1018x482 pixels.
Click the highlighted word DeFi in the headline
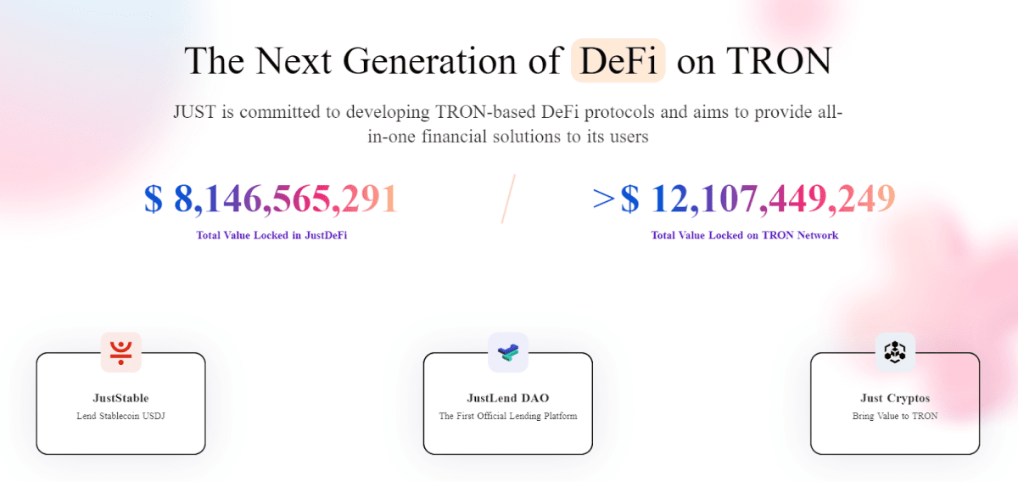618,60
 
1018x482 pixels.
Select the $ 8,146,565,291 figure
271,199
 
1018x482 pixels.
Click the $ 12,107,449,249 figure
758,199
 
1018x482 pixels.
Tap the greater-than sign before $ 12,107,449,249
604,199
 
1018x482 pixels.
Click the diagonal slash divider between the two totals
508,199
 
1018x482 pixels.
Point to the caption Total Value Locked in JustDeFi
271,235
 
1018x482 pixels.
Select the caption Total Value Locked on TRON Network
744,235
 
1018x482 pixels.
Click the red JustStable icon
120,352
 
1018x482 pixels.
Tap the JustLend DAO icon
507,352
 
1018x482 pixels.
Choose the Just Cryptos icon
895,352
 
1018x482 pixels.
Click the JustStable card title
120,398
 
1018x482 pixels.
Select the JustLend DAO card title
507,398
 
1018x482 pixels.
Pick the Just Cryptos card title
895,398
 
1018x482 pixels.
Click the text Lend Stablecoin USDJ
120,417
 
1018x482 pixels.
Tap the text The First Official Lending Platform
507,417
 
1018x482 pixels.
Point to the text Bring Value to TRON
895,417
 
